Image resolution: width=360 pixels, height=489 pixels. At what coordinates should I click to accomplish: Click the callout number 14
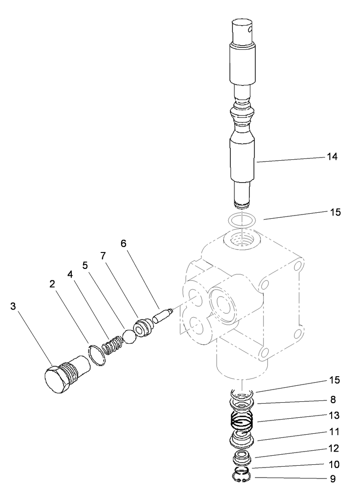(332, 157)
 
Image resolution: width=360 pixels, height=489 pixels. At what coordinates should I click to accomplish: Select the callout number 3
(13, 306)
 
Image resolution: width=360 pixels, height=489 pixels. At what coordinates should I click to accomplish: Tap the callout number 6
(123, 243)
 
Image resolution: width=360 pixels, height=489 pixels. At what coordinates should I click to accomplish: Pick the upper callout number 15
(335, 212)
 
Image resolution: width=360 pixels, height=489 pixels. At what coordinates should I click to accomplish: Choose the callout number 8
(333, 400)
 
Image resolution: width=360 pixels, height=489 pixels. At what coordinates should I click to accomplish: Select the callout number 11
(333, 431)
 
